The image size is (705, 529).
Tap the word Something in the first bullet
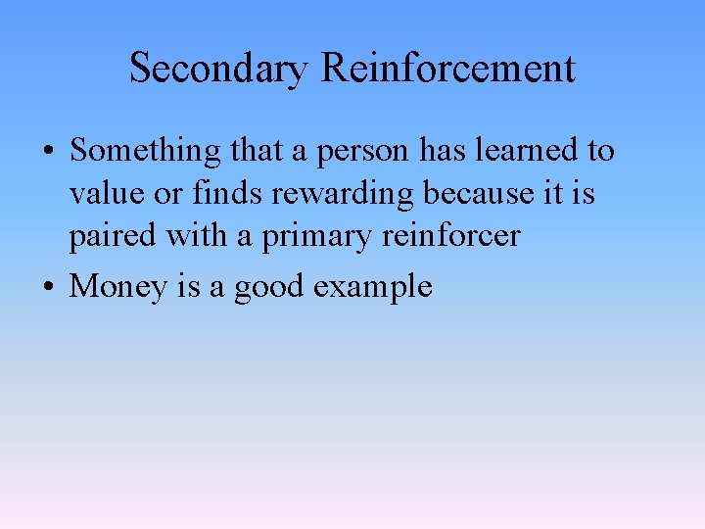click(x=146, y=152)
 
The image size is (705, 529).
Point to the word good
click(x=269, y=287)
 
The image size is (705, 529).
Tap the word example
click(x=373, y=287)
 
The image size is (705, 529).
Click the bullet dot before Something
click(x=48, y=153)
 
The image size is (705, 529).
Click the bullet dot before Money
click(x=48, y=287)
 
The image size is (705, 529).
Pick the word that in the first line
click(x=258, y=151)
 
